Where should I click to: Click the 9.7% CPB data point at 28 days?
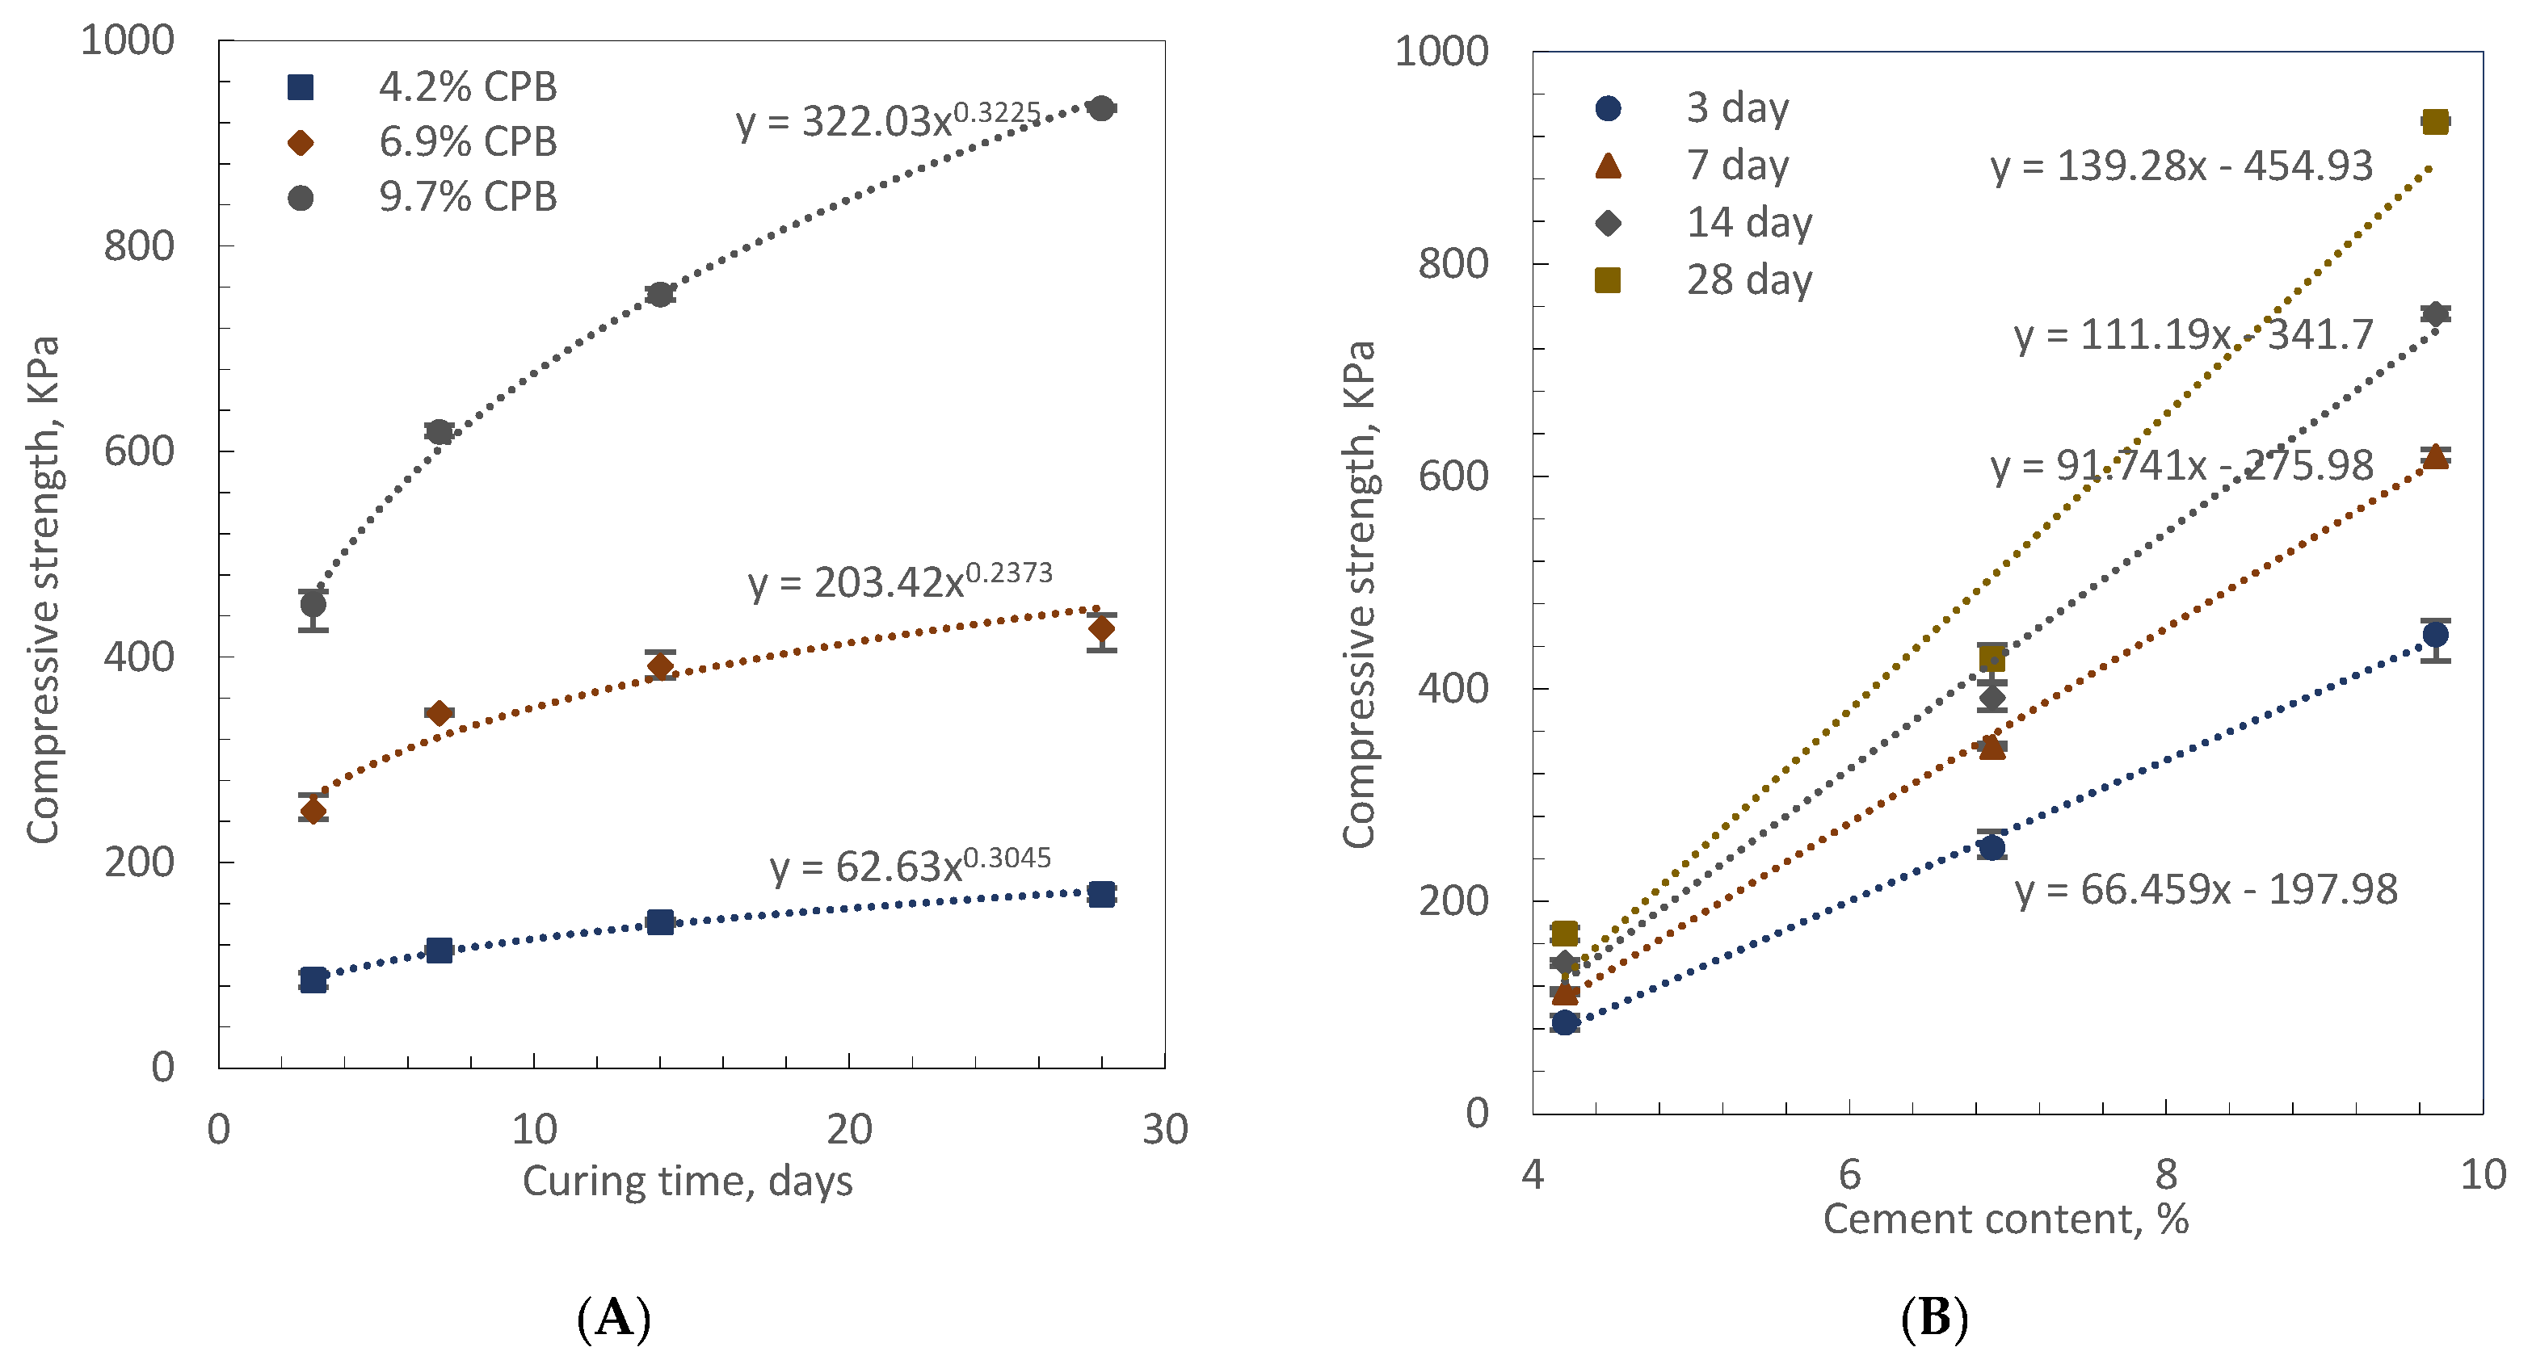(x=1102, y=108)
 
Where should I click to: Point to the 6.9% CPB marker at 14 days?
(x=661, y=666)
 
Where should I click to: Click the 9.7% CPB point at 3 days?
(x=313, y=604)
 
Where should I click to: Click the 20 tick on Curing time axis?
(x=849, y=1130)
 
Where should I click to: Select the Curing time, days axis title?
(x=687, y=1180)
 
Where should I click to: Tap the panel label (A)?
(x=614, y=1317)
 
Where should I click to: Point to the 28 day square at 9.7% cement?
(x=2435, y=122)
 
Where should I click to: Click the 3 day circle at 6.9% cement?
(x=1992, y=847)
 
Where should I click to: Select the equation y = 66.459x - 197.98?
(x=2206, y=889)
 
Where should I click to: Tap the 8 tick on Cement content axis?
(x=2166, y=1174)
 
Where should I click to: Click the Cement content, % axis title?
(x=2005, y=1219)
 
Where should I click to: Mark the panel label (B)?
(x=1934, y=1317)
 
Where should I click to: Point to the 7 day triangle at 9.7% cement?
(x=2435, y=456)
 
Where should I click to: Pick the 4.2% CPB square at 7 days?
(x=440, y=951)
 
